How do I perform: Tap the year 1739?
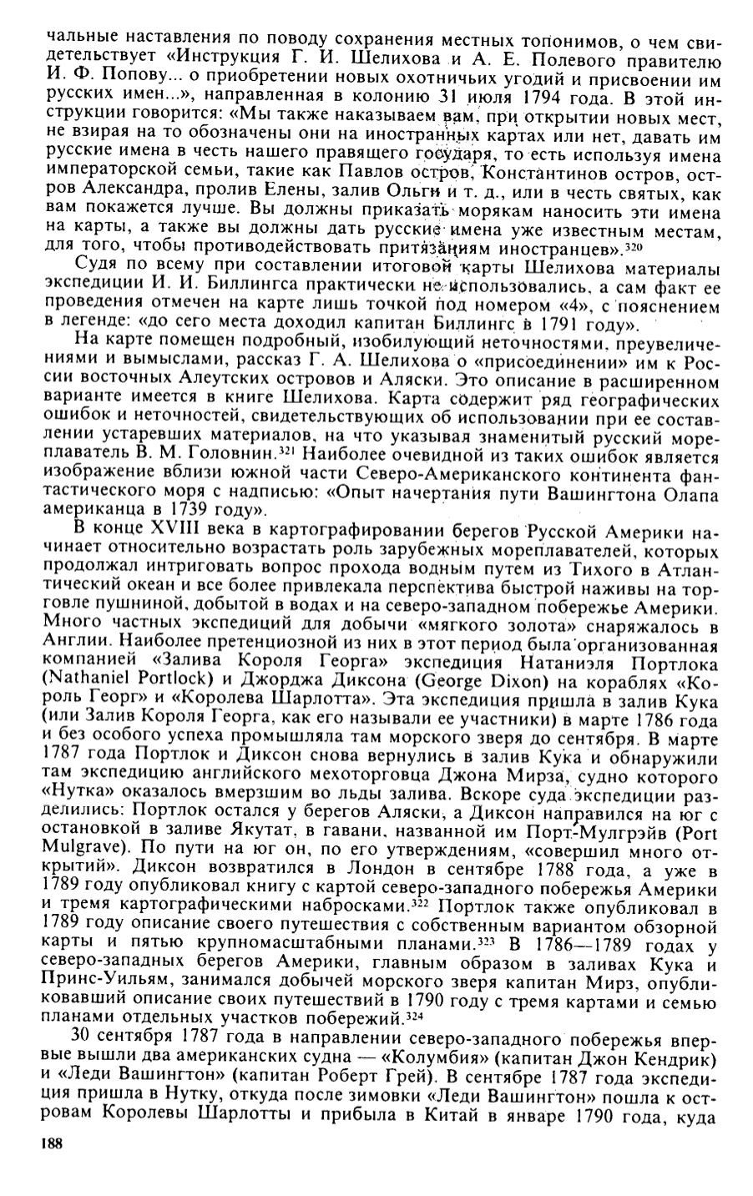coord(203,508)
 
